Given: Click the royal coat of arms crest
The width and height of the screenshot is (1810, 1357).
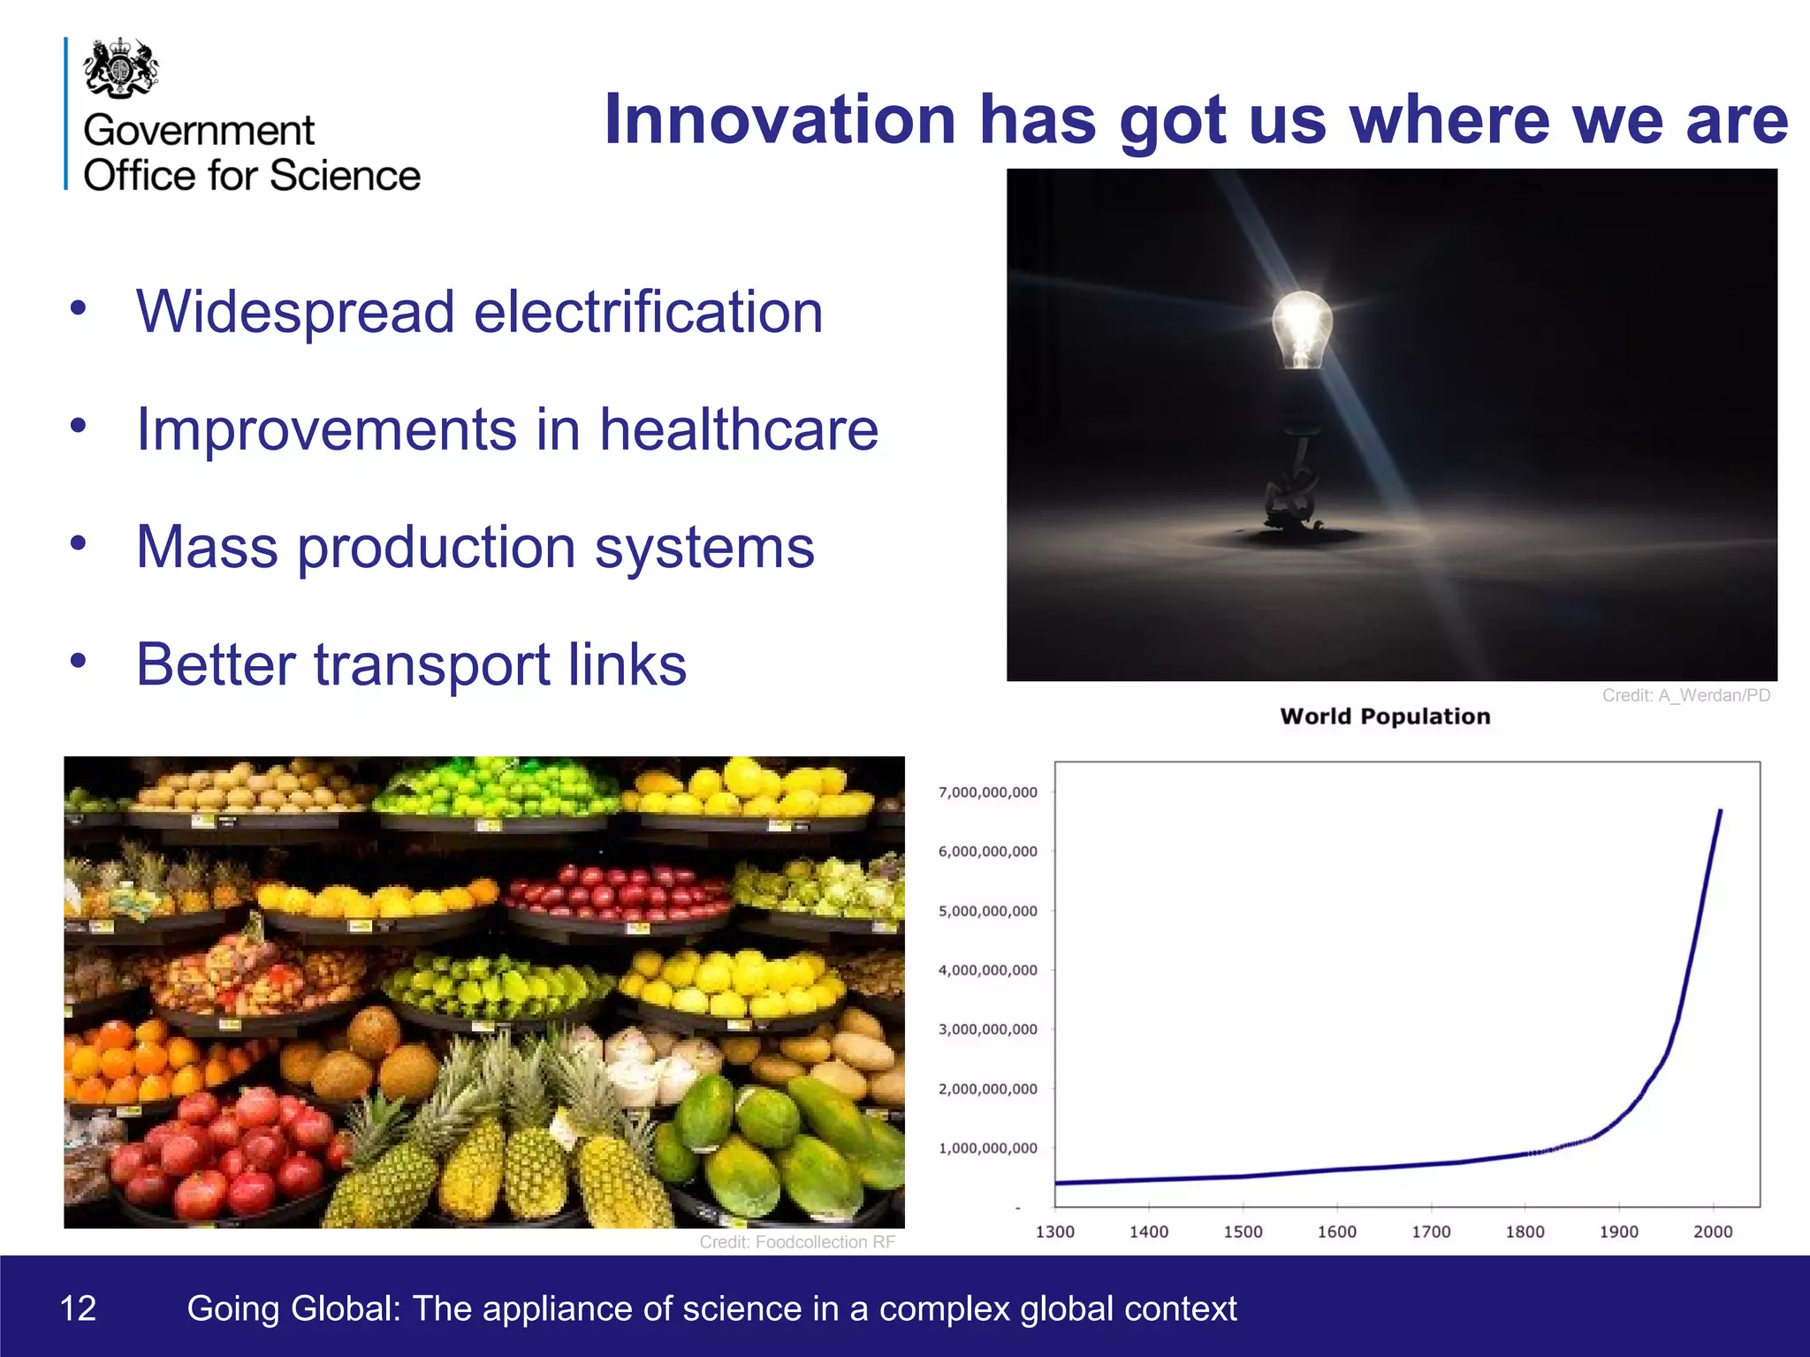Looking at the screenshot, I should (121, 67).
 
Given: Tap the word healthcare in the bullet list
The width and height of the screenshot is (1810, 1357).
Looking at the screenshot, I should (739, 429).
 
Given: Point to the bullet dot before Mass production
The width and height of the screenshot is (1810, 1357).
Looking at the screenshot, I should (79, 542).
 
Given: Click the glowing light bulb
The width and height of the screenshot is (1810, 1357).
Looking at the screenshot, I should (1301, 329).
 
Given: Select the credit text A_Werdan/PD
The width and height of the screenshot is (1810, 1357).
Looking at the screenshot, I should (1714, 695).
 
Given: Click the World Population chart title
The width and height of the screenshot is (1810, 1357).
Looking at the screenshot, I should (1385, 716).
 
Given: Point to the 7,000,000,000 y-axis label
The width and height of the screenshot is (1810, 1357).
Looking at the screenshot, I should (987, 792).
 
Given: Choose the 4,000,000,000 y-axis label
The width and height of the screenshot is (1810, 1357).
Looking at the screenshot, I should (987, 970).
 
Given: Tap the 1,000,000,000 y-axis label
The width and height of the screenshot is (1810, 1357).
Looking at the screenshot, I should (987, 1149).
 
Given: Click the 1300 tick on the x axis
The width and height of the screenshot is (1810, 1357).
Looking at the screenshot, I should (1054, 1232).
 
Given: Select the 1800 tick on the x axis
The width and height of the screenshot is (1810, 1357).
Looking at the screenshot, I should (1525, 1232).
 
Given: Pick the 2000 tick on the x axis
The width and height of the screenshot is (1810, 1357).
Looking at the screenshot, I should (1712, 1232).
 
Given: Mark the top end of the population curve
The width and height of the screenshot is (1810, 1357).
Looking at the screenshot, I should (1720, 811).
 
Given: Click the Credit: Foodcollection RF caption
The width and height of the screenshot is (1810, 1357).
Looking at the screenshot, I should (797, 1242).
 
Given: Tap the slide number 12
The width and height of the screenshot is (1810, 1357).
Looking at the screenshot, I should (78, 1308).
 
